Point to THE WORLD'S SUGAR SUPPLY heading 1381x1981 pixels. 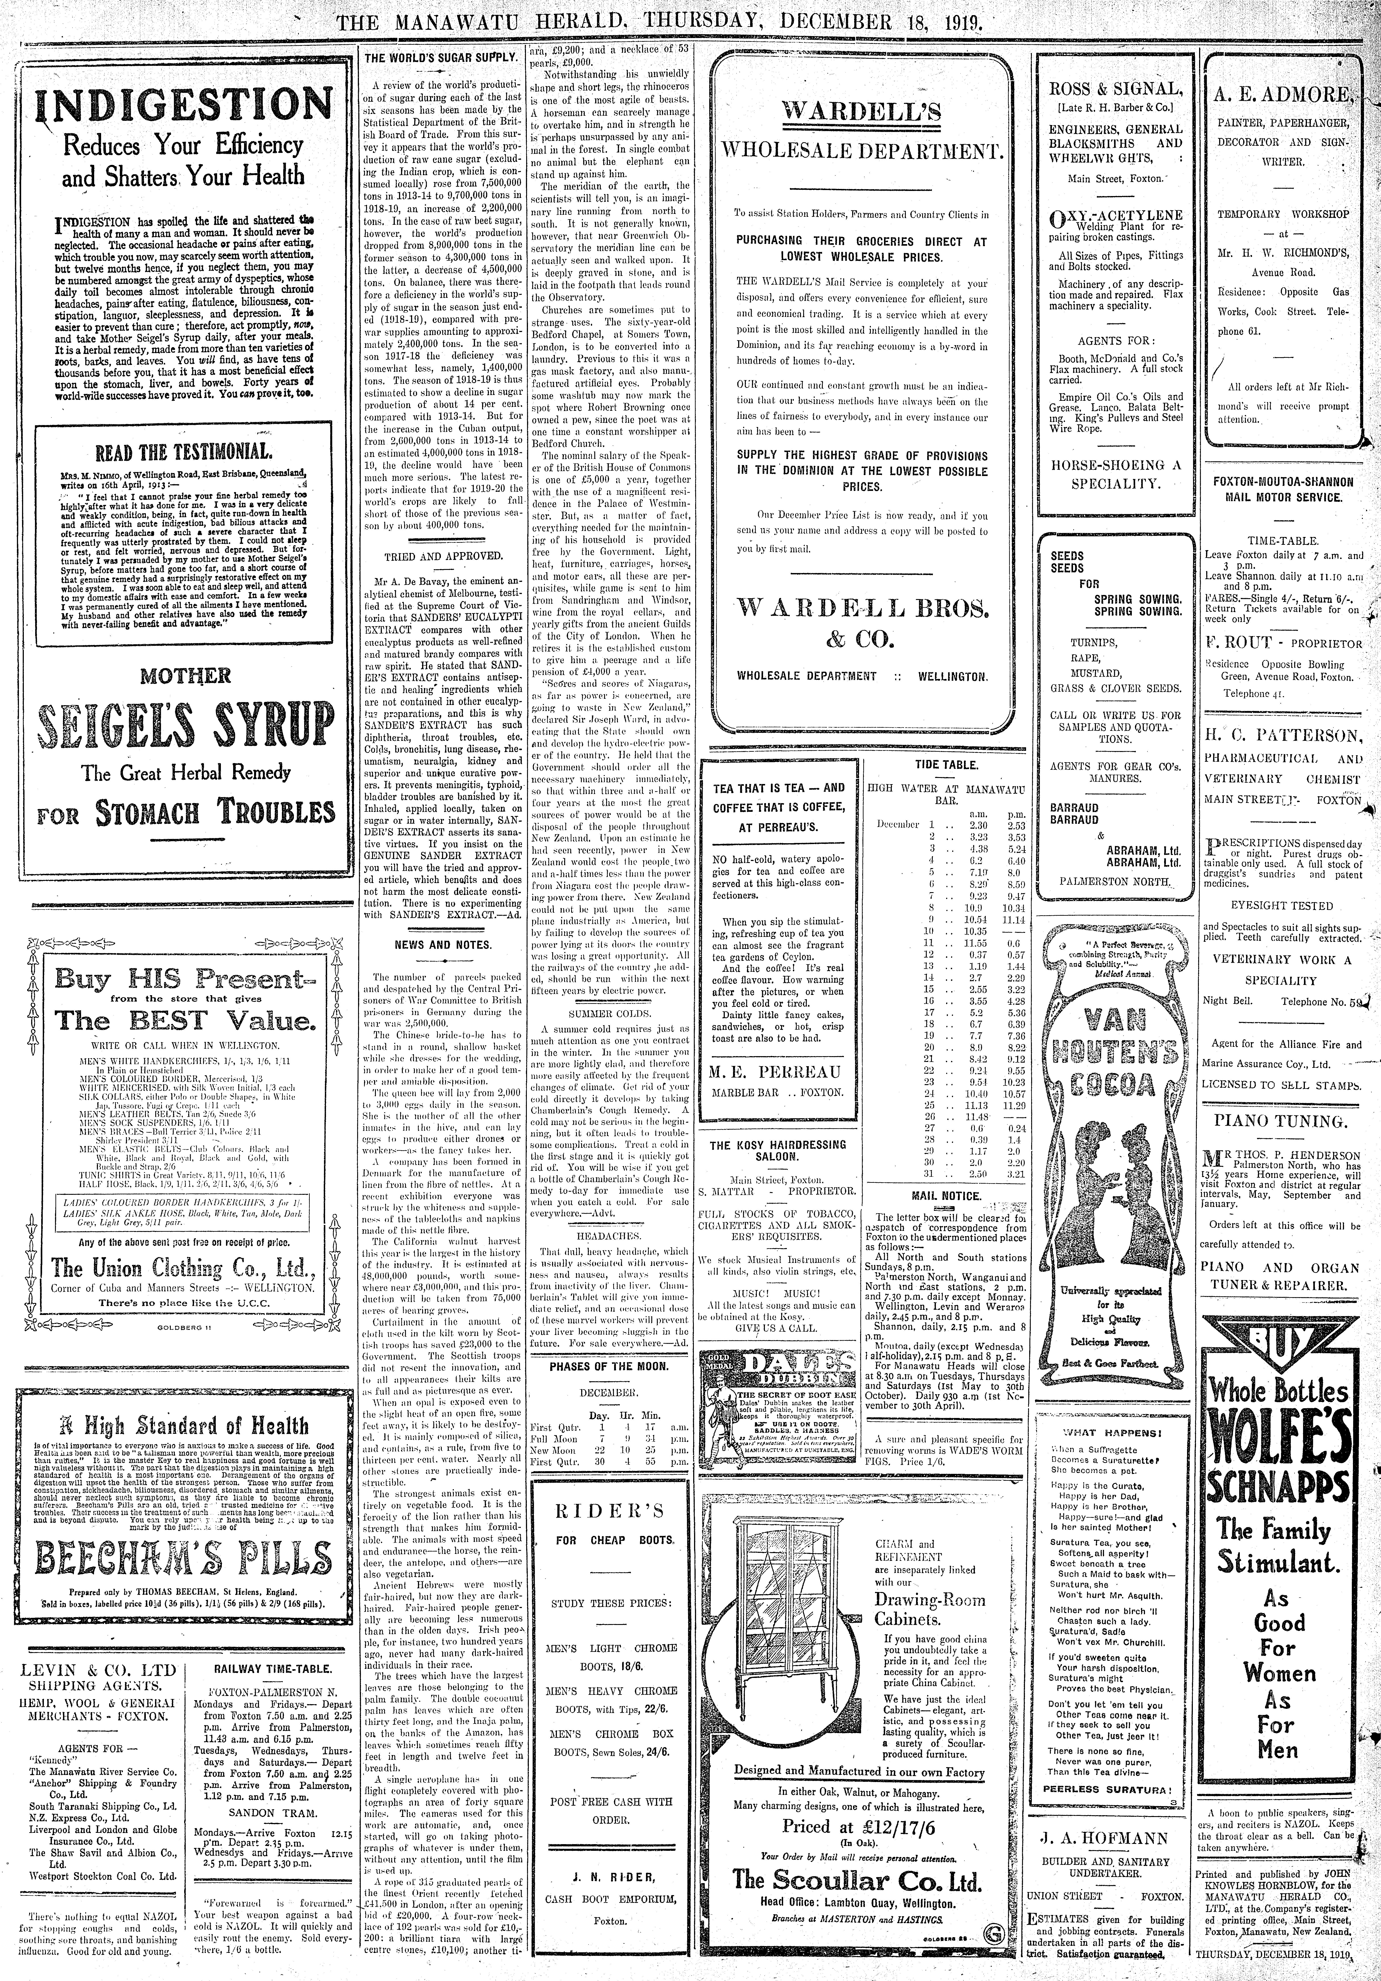(x=440, y=57)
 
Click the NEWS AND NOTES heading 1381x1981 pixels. (x=440, y=944)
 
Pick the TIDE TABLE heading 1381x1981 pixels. (x=946, y=764)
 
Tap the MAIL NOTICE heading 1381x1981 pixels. (x=946, y=1196)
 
